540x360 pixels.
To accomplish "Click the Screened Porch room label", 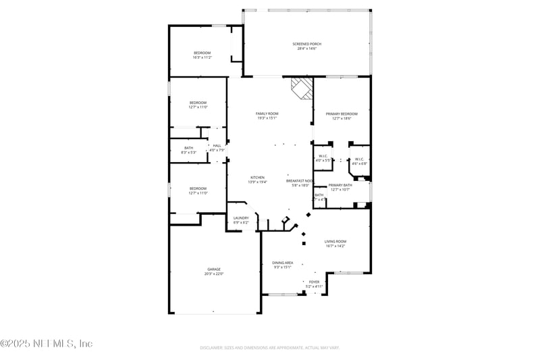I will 307,44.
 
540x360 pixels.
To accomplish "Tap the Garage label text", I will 213,269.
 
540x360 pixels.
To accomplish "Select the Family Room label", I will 267,113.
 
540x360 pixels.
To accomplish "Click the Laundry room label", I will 241,217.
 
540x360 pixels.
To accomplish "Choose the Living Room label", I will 335,241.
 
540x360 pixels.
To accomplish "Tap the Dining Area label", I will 282,263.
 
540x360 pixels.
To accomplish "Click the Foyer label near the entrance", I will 314,282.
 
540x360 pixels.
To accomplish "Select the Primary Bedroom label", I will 342,113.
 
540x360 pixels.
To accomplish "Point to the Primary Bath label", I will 340,185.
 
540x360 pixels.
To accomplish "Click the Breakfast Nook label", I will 298,181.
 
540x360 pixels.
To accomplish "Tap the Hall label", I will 217,145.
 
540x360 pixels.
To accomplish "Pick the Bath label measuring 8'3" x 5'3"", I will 188,148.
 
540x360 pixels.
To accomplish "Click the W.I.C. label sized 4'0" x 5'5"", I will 323,156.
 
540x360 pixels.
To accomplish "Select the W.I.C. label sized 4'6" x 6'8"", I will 359,159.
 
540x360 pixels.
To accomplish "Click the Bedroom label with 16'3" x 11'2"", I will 202,53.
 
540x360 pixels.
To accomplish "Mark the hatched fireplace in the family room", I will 302,88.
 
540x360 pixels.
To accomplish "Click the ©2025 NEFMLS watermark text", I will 47,344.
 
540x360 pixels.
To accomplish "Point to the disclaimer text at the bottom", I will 269,347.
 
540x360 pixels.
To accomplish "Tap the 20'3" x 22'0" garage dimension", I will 213,274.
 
